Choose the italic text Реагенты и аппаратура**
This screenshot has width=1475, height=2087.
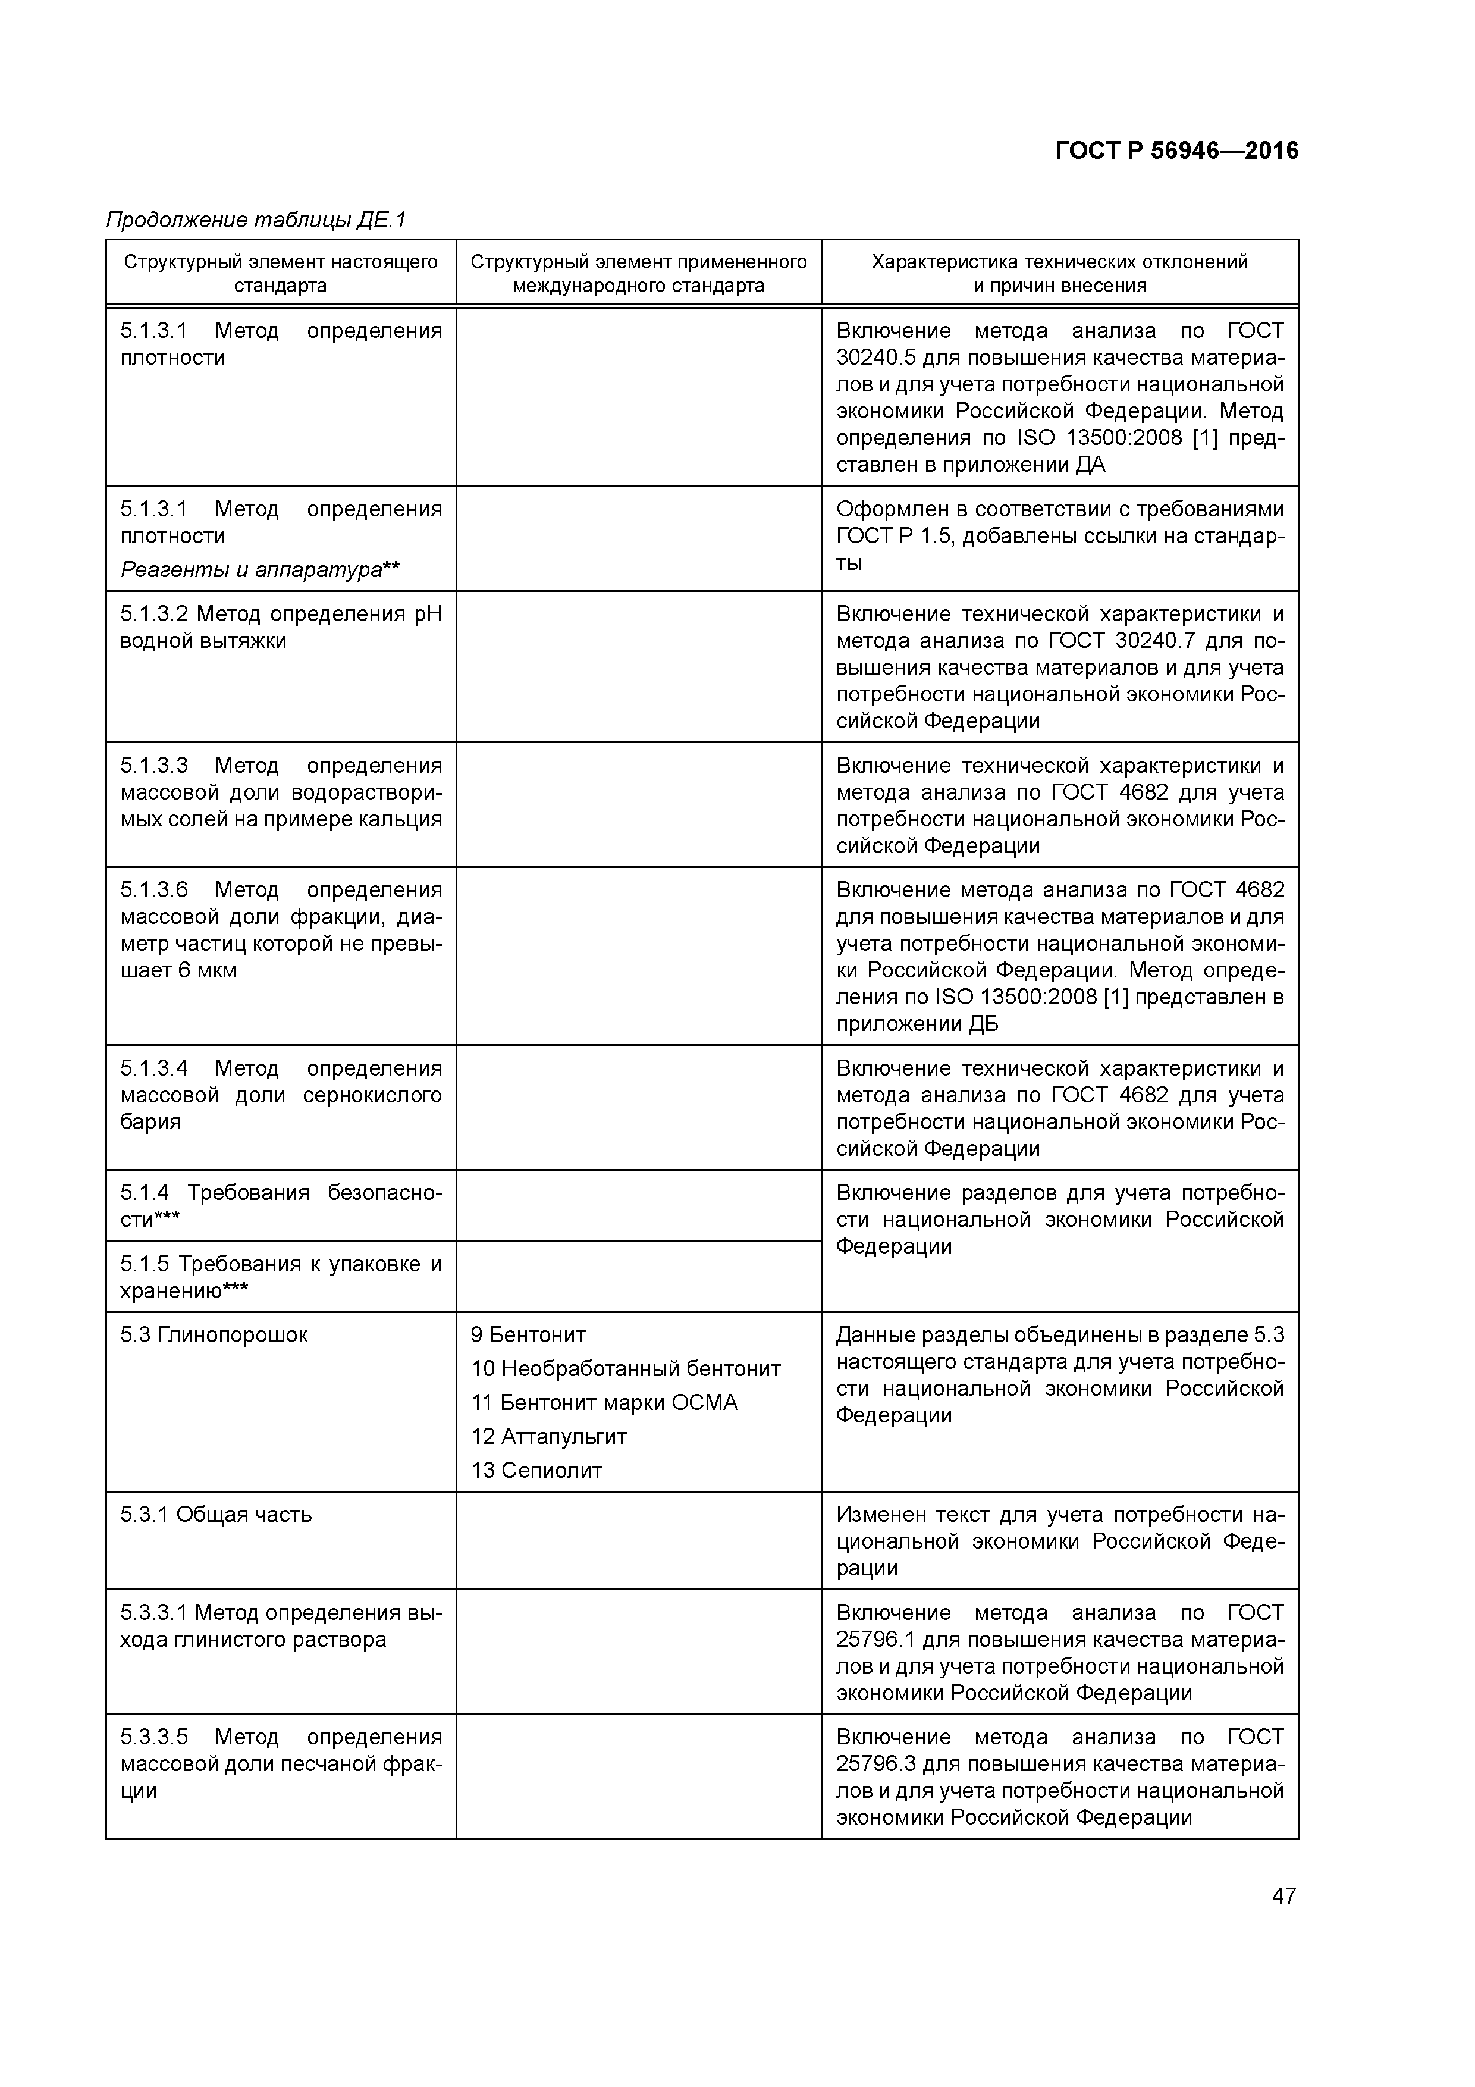(260, 570)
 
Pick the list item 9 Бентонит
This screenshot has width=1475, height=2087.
(528, 1334)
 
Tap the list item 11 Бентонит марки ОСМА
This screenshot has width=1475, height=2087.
(604, 1403)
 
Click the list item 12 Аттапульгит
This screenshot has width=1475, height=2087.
(548, 1436)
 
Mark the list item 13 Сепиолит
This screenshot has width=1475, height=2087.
(536, 1470)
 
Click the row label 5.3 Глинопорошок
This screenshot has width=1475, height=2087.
(215, 1334)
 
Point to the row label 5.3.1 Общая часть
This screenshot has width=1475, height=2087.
(216, 1514)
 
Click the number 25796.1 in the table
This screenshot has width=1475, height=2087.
(873, 1640)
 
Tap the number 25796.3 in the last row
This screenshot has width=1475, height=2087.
(873, 1765)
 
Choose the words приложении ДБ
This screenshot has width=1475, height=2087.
(917, 1023)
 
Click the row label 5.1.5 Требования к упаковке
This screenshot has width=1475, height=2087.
(281, 1264)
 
